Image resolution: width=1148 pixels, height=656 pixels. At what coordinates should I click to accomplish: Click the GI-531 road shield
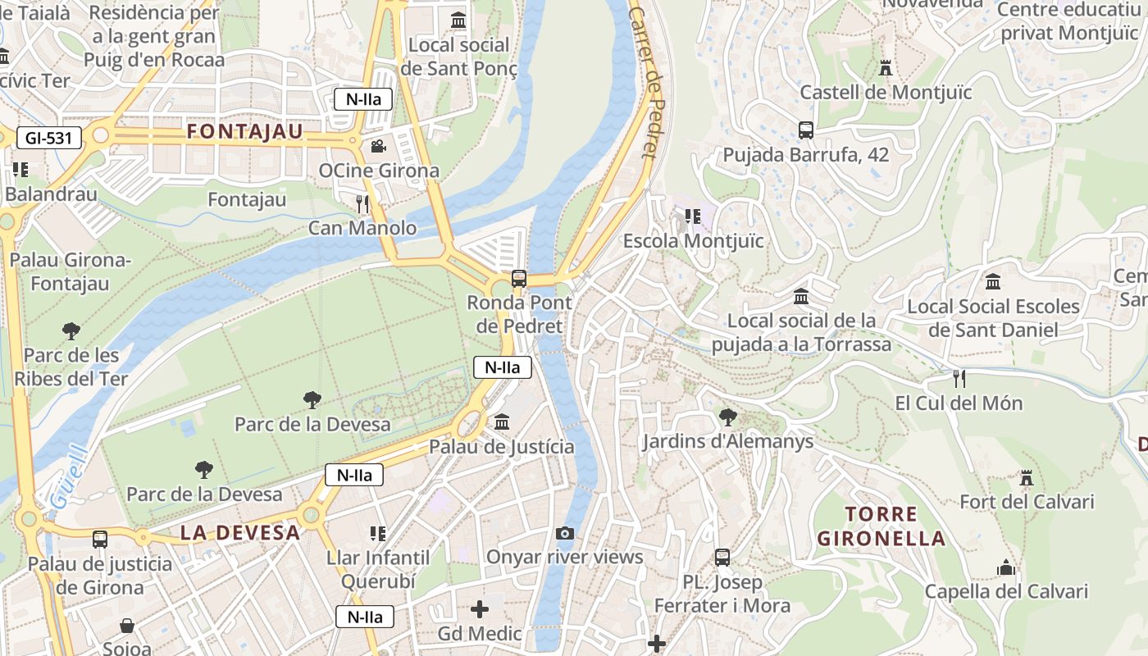point(49,138)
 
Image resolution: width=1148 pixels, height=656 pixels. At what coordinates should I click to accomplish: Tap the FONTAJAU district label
point(245,131)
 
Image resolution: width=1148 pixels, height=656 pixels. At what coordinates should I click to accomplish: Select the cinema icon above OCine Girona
point(378,147)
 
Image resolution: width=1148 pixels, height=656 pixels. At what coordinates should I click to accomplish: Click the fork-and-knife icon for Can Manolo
point(362,203)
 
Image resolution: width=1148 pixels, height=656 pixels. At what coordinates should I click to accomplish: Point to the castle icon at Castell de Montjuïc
point(886,68)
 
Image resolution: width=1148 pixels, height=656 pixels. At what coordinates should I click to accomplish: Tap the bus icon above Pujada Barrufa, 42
point(805,130)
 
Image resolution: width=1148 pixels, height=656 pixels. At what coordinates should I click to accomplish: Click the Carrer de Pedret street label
point(648,82)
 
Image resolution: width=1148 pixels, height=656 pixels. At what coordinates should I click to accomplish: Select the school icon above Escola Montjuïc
point(693,216)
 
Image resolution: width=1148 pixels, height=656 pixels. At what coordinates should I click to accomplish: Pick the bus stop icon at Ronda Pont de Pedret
point(519,279)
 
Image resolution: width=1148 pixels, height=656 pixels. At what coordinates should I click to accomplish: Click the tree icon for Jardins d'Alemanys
point(727,417)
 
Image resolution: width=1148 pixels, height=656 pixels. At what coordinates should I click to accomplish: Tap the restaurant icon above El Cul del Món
point(959,379)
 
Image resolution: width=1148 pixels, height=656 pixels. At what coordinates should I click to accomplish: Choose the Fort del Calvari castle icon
point(1026,477)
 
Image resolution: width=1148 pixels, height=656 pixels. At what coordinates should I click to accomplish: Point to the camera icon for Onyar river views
point(564,533)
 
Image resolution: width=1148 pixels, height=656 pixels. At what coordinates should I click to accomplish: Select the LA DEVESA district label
point(240,532)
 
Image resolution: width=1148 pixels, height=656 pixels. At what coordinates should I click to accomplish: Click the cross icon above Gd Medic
point(480,609)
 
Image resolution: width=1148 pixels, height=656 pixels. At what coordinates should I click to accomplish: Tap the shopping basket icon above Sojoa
point(127,626)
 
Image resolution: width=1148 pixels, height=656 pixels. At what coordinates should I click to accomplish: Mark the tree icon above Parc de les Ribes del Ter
point(71,331)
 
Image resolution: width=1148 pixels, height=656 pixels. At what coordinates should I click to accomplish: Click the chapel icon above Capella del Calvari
point(1005,567)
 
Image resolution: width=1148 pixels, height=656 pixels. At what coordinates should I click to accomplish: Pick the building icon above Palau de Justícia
point(502,422)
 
